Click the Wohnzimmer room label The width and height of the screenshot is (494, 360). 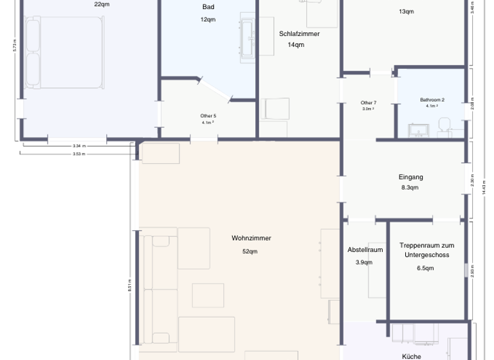coord(251,238)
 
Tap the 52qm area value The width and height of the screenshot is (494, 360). coord(250,251)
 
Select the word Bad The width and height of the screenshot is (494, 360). coord(208,6)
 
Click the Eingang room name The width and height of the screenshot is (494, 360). coord(410,177)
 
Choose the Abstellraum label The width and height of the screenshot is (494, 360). coord(365,249)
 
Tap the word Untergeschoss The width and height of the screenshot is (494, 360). coord(426,255)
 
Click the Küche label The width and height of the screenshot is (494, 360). coord(411,356)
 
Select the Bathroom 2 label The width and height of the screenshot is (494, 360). coord(432,100)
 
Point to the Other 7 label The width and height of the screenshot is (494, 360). coord(368,103)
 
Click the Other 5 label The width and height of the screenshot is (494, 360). coord(208,116)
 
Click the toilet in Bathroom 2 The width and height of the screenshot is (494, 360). coord(443,124)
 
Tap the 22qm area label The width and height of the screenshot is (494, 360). coord(101,4)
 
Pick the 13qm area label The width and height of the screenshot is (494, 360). coord(406,11)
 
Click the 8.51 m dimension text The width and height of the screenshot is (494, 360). coord(131,285)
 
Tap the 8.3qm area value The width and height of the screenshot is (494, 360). coord(410,188)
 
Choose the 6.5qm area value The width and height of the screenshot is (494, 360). coord(425,267)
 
